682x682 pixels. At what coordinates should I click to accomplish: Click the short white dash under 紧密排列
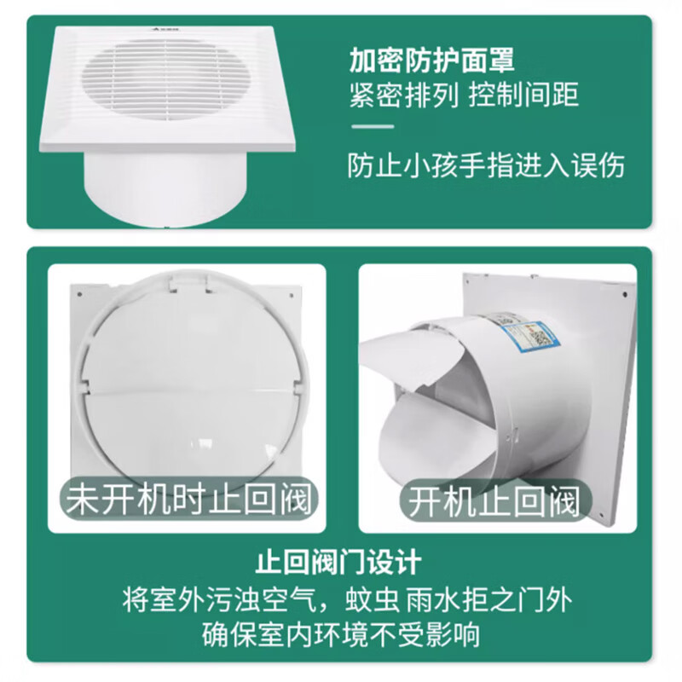pos(372,127)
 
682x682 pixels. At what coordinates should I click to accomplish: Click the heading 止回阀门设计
pos(339,564)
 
